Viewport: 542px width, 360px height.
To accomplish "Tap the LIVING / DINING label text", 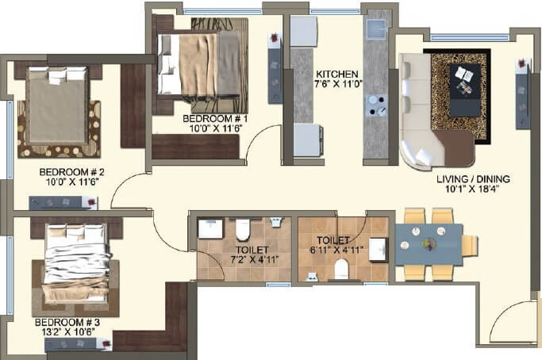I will [472, 178].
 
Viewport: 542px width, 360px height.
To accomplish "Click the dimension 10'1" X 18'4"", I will [472, 190].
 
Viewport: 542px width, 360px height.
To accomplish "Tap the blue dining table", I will [429, 244].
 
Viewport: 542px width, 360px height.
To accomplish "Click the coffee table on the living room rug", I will [462, 81].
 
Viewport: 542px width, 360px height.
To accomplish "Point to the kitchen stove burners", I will [374, 105].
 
